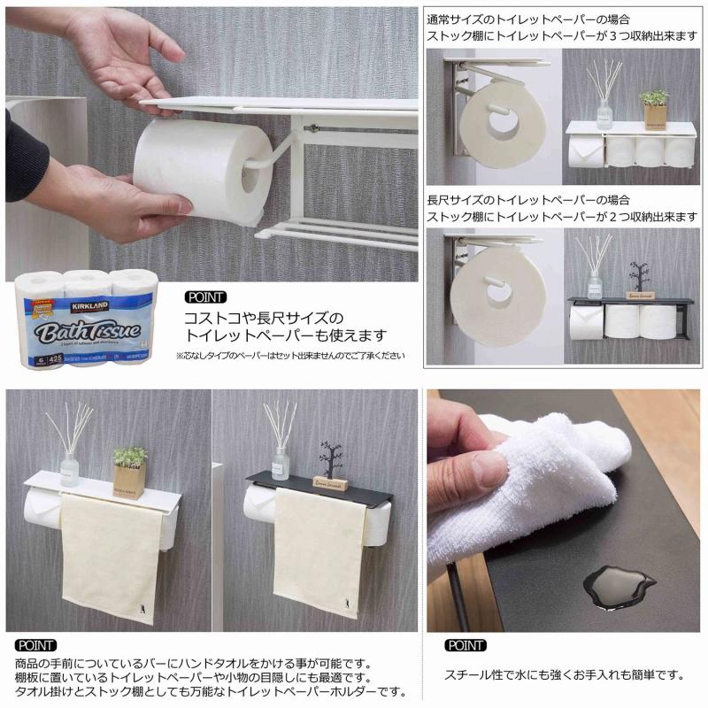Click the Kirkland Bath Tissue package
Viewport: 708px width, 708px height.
(85, 319)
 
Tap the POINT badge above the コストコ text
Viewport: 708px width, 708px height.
(205, 297)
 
